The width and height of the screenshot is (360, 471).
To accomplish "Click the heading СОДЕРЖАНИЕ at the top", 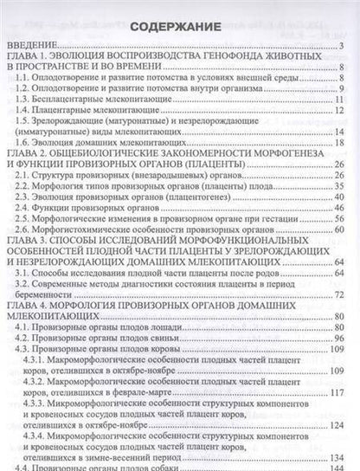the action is [179, 26].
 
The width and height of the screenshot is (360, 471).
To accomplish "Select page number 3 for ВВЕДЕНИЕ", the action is [343, 45].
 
